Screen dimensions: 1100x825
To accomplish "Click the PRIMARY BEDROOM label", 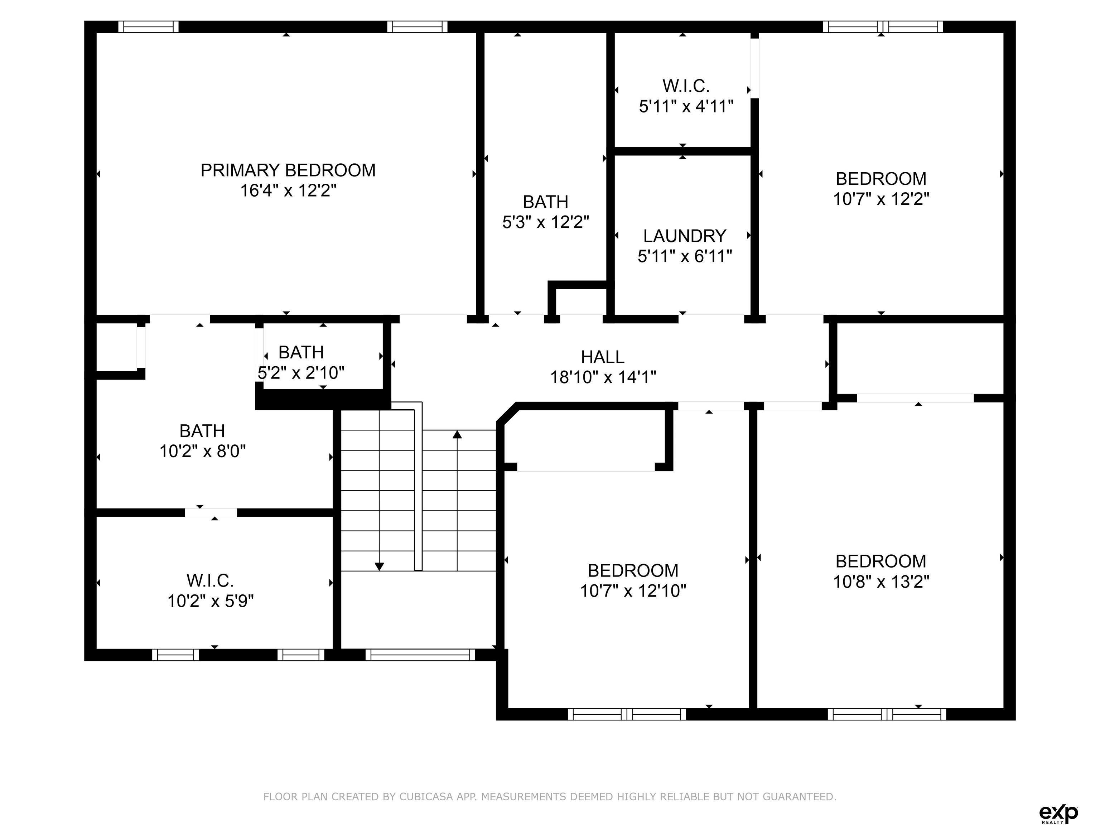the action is pyautogui.click(x=288, y=170).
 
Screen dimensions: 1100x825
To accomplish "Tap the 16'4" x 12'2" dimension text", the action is pyautogui.click(x=288, y=190).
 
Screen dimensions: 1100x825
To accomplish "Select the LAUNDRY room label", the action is pyautogui.click(x=685, y=236).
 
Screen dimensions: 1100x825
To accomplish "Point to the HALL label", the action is pyautogui.click(x=603, y=357).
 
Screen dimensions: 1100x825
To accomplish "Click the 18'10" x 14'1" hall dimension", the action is pyautogui.click(x=603, y=377).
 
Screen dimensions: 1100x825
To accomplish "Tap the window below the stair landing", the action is pyautogui.click(x=420, y=655).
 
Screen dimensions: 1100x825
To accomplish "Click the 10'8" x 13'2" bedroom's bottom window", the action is pyautogui.click(x=887, y=714).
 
